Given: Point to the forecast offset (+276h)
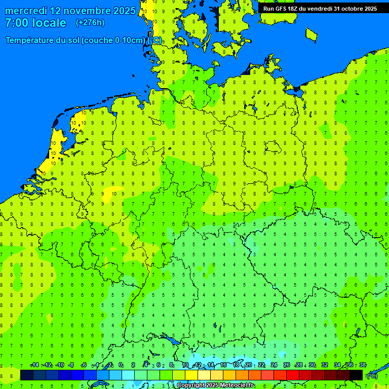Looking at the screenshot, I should (90, 23).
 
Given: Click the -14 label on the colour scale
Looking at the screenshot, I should (34, 365).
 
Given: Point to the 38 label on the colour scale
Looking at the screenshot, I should (363, 365).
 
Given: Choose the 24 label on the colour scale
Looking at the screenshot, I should (274, 365).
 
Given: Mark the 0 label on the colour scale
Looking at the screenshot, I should (121, 365).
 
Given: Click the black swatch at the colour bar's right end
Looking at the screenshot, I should (356, 375).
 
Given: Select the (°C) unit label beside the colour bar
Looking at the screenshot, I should (372, 375).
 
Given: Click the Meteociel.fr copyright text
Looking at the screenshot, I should (216, 385).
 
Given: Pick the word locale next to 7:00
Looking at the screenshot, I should (48, 23).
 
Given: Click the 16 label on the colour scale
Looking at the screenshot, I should (223, 365).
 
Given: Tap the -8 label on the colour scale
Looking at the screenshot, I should (71, 365).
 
